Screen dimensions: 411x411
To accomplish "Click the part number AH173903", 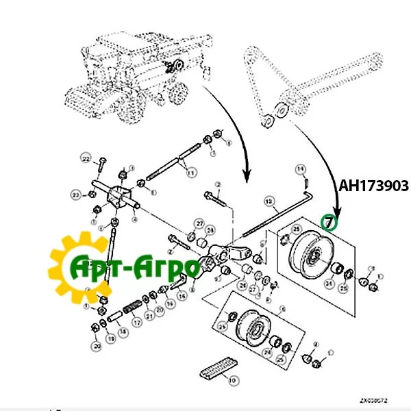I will pyautogui.click(x=374, y=186).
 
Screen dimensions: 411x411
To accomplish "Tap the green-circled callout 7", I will pyautogui.click(x=330, y=223).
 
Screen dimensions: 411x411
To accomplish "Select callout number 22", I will pyautogui.click(x=86, y=159).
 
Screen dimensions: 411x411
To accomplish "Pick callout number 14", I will pyautogui.click(x=300, y=169).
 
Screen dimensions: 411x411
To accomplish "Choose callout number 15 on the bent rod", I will pyautogui.click(x=270, y=201).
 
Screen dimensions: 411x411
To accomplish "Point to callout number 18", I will pyautogui.click(x=123, y=332).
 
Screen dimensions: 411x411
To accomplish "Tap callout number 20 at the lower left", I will pyautogui.click(x=97, y=347).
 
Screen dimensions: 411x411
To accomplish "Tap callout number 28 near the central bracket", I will pyautogui.click(x=211, y=230).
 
